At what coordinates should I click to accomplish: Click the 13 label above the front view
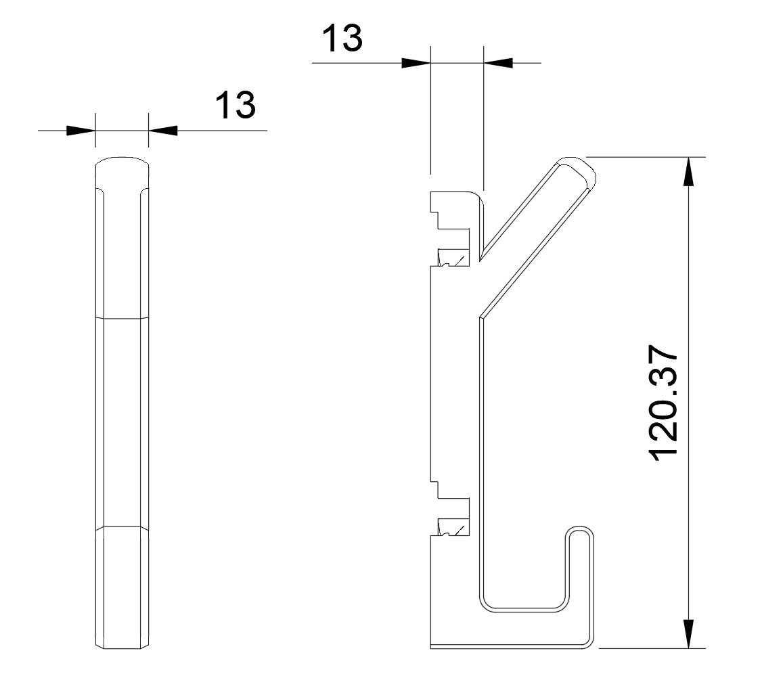click(236, 104)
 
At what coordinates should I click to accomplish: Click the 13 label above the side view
click(342, 38)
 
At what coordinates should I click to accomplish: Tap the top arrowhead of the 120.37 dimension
click(689, 172)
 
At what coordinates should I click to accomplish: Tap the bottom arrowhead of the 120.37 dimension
click(689, 633)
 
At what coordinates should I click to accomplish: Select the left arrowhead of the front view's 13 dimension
click(81, 130)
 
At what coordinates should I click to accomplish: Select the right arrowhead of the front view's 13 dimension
click(163, 130)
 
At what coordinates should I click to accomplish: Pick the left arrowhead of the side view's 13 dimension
click(416, 63)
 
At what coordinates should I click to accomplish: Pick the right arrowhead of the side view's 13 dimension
click(498, 63)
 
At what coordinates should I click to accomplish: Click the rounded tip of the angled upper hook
click(581, 168)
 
